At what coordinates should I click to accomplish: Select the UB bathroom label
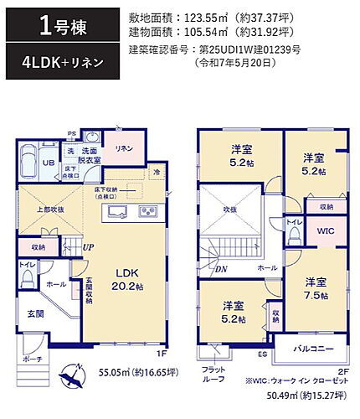[x=49, y=163]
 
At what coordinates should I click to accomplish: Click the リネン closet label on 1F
[x=123, y=148]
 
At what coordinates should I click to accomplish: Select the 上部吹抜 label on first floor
[x=49, y=211]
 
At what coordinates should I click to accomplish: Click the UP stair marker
[x=88, y=247]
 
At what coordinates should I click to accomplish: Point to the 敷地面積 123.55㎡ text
[x=205, y=18]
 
